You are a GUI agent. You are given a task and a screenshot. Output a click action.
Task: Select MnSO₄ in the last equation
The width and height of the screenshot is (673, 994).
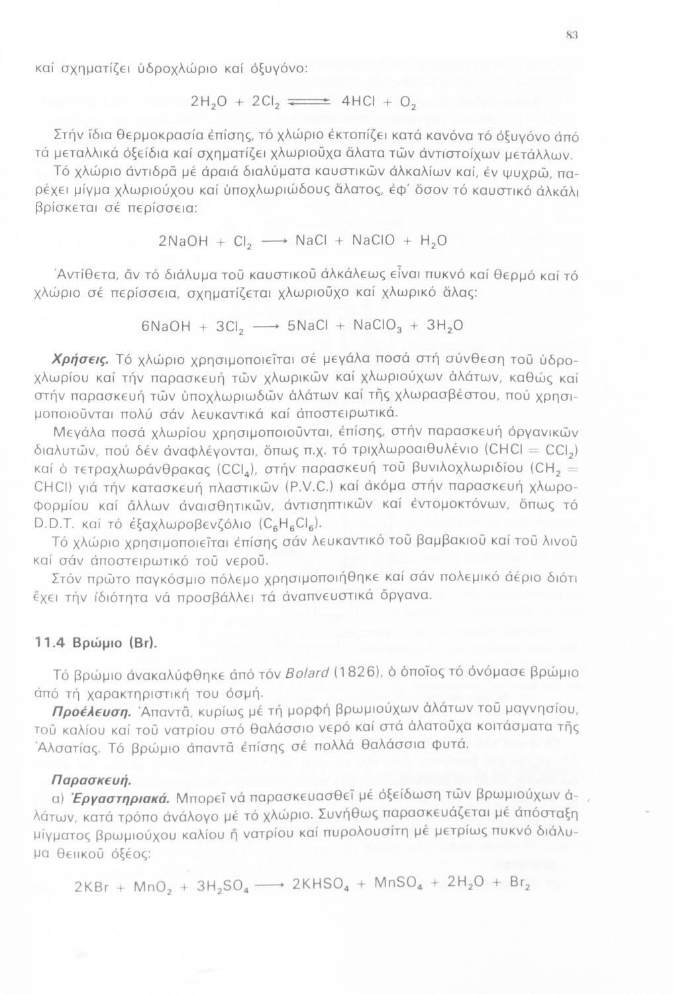coord(398,884)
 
